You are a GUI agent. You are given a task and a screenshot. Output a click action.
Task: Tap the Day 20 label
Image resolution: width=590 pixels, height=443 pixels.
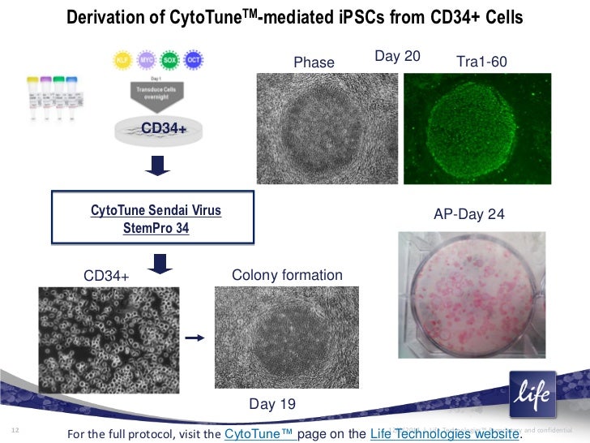(397, 56)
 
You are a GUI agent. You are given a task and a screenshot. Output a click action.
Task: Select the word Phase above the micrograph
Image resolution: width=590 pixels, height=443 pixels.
(314, 62)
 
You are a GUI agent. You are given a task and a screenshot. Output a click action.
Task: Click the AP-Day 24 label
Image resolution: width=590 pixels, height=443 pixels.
(469, 214)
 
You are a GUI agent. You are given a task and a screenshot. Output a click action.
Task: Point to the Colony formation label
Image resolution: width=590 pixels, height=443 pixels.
(287, 276)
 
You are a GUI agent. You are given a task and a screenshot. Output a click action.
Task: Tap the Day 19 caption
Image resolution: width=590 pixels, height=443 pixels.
(271, 403)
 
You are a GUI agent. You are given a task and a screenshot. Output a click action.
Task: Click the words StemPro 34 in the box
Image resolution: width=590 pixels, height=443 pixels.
(156, 228)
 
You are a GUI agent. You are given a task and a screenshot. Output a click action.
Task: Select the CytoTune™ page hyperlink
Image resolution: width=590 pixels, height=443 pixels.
(259, 433)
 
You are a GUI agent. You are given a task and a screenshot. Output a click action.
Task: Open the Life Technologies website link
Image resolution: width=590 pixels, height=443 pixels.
(443, 433)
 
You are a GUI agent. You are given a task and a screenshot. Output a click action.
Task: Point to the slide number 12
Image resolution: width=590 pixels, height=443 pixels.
(14, 429)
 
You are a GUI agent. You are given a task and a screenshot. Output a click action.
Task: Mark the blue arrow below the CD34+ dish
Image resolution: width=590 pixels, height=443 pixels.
(160, 166)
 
